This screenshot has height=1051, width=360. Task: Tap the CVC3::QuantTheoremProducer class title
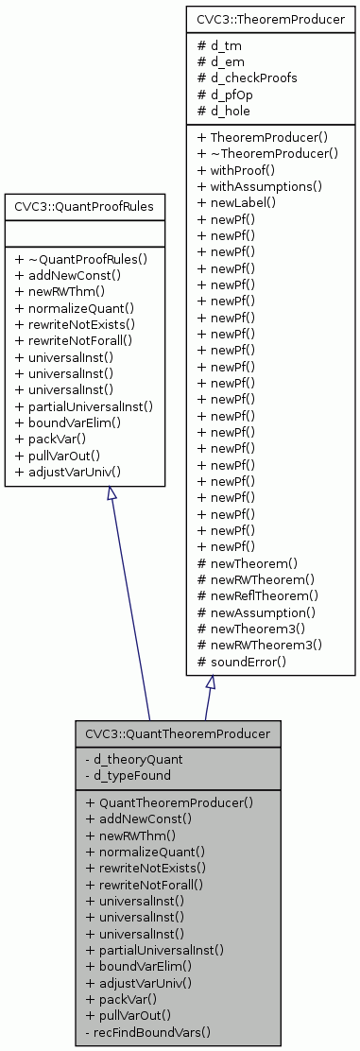pos(178,732)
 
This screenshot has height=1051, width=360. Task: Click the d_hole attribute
pos(228,111)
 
